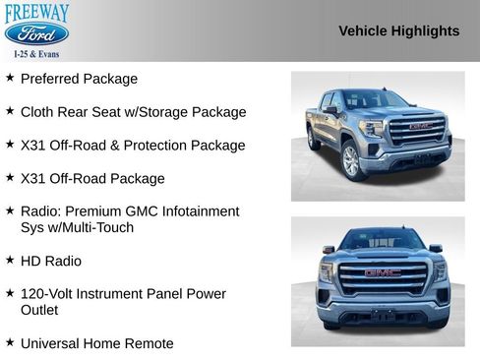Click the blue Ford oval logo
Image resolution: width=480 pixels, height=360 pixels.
[x=36, y=34]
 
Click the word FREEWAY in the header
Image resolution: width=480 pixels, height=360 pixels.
[x=36, y=12]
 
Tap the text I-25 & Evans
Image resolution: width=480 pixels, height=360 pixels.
[x=36, y=54]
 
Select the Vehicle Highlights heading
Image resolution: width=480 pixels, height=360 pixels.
[x=398, y=30]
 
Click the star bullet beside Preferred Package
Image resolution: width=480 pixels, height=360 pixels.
[x=10, y=78]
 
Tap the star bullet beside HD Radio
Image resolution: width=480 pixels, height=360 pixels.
[x=10, y=261]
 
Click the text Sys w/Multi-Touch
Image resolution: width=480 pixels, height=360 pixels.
[x=77, y=227]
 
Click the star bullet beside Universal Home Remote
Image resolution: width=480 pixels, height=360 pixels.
[x=10, y=343]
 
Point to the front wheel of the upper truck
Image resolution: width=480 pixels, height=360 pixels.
[x=350, y=161]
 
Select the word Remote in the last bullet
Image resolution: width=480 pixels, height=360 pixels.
[x=150, y=343]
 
